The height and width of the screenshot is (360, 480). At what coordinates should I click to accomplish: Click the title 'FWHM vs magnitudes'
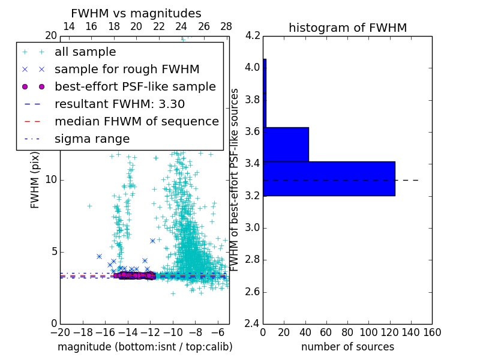136,13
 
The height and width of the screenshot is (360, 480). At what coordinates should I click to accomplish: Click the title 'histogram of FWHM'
347,28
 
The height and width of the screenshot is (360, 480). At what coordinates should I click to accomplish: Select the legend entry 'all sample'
85,52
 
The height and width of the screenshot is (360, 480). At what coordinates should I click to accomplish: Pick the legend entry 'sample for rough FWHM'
127,70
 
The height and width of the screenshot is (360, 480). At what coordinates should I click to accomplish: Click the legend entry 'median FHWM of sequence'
136,122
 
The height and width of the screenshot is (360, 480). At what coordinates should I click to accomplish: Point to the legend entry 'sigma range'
92,139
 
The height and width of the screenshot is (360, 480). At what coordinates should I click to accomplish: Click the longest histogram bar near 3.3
329,178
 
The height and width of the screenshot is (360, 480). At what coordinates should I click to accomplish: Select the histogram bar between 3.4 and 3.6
286,145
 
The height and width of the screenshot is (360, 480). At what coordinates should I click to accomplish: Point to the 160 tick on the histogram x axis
432,332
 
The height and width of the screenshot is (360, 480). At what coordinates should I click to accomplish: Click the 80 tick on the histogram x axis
347,332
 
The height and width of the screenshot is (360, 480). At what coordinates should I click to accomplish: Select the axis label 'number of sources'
347,347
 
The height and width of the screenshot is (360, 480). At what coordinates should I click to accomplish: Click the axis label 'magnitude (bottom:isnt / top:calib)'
145,347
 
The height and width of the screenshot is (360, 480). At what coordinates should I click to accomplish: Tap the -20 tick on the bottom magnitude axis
60,332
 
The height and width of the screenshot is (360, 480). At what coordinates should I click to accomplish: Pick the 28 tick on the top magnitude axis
226,26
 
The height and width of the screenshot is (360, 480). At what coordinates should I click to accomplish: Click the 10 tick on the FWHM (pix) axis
51,179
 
